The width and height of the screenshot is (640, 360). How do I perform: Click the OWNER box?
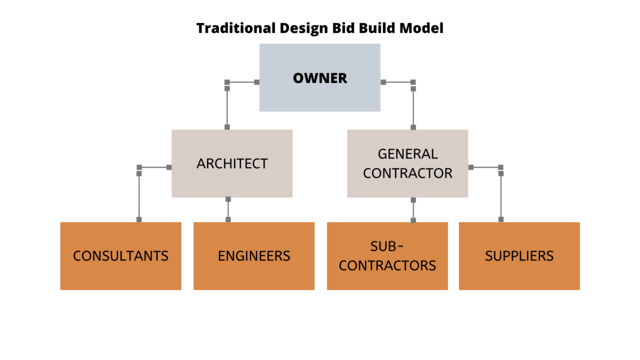(319, 77)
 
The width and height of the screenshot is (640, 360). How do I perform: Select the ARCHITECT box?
(232, 163)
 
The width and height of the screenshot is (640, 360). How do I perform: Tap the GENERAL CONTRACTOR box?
(407, 163)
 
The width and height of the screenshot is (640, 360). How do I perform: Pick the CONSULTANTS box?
(120, 256)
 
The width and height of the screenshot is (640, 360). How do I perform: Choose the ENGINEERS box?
(254, 256)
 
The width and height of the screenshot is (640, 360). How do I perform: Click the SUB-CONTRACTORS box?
(387, 256)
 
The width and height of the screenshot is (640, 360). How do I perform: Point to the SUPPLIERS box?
(519, 256)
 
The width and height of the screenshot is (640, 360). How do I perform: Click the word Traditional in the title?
(236, 28)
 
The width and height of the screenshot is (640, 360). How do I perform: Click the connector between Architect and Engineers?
(228, 209)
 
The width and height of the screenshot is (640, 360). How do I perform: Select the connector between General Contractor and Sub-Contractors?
(413, 210)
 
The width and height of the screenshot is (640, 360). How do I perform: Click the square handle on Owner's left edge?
(257, 82)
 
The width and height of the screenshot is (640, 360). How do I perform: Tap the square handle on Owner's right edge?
(383, 82)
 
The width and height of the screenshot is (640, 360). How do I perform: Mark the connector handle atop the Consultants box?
(139, 219)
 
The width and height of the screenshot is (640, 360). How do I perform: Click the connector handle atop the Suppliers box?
(501, 219)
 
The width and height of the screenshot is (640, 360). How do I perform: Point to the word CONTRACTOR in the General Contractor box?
(407, 173)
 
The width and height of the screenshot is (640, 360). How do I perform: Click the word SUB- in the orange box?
(386, 246)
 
